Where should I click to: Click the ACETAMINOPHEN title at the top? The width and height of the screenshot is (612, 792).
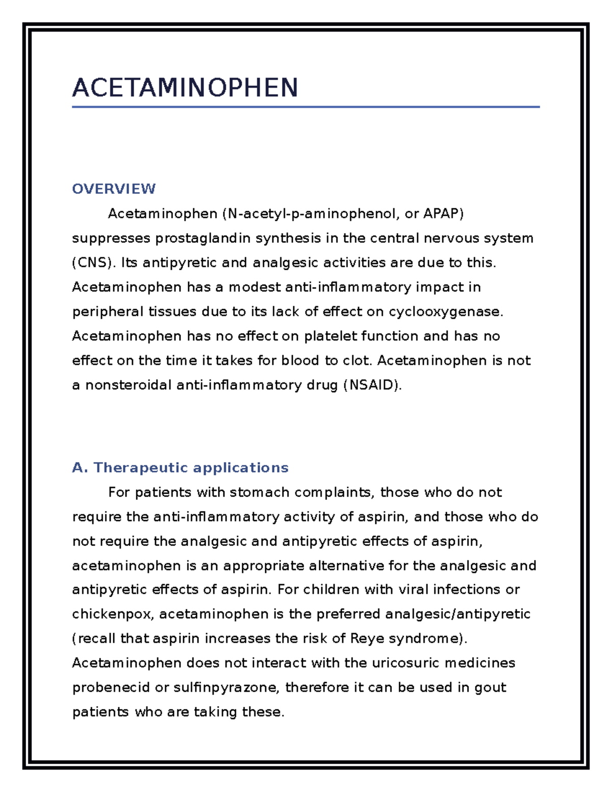click(x=185, y=88)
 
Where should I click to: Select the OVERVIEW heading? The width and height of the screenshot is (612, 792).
click(x=114, y=189)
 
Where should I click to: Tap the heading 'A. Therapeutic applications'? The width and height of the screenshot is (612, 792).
click(x=181, y=468)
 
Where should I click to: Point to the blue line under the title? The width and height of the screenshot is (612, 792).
click(x=305, y=107)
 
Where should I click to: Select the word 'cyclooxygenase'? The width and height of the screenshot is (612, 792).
click(x=445, y=312)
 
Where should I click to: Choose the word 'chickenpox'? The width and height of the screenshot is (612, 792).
click(x=112, y=614)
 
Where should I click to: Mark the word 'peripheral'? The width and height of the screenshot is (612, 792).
click(x=108, y=312)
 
